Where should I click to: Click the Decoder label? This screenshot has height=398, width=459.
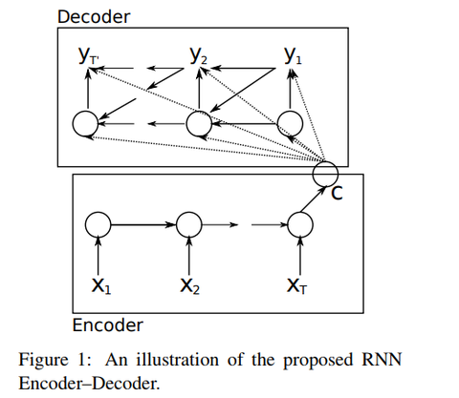(94, 16)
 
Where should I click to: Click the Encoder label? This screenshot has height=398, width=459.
(108, 325)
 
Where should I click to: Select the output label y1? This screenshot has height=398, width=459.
(293, 55)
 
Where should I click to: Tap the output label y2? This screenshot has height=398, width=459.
(198, 55)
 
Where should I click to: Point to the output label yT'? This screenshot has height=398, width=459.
(89, 55)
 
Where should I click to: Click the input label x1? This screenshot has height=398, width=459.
(101, 285)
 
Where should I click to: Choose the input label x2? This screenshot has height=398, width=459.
(190, 285)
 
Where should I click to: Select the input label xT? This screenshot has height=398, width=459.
(296, 285)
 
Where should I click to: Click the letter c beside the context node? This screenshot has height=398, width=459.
(337, 193)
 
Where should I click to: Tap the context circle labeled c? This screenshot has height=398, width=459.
(325, 161)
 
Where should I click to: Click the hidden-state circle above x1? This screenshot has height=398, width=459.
(98, 212)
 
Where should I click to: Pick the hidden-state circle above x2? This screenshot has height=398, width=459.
(189, 212)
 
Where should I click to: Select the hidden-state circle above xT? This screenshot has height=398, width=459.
(300, 212)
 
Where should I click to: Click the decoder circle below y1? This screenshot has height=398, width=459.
(290, 112)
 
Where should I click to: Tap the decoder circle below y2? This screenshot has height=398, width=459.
(199, 112)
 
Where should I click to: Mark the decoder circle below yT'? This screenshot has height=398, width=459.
(85, 112)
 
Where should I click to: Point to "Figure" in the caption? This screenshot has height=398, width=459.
(43, 361)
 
